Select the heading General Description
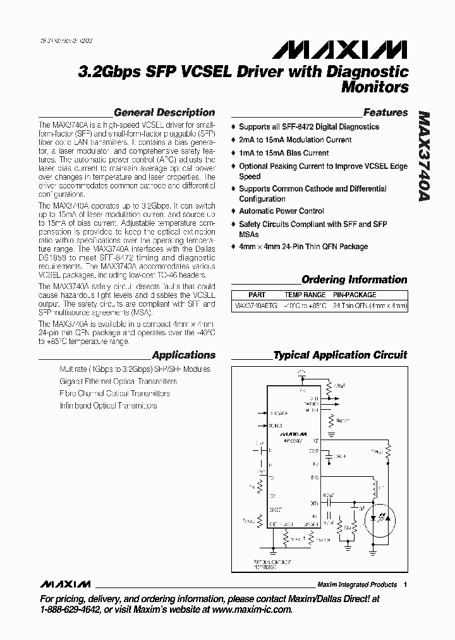coord(164,113)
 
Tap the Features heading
coord(385,113)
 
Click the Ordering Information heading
coord(354,280)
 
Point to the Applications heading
coord(183,355)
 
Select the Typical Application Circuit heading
coord(340,355)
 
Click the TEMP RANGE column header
coord(305,295)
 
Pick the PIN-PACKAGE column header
coord(355,295)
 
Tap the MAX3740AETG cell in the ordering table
coord(255,305)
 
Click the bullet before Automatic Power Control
coord(233,211)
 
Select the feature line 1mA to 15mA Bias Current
coord(284,153)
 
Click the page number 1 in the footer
coord(405,584)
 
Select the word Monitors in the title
coord(375,87)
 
